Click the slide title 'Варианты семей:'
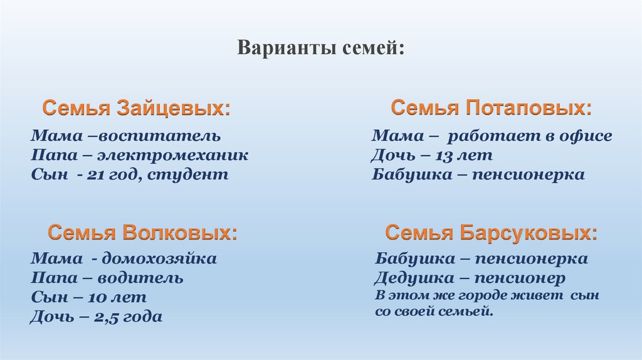click(320, 48)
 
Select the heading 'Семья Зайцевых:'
click(136, 108)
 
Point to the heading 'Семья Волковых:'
click(143, 233)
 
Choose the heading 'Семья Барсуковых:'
click(491, 233)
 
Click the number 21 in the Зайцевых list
click(97, 174)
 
